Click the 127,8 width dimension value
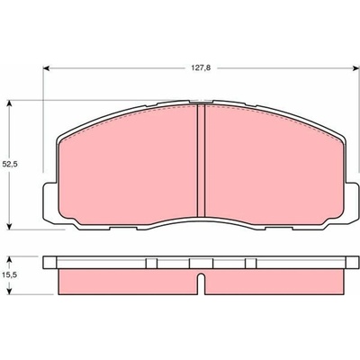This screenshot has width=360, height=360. [x=202, y=68]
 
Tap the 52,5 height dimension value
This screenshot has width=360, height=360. [x=10, y=165]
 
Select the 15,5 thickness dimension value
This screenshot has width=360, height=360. [x=10, y=274]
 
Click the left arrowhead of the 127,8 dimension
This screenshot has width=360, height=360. [x=46, y=68]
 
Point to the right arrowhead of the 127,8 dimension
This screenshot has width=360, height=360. [x=356, y=68]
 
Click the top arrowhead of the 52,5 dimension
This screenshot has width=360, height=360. [x=10, y=103]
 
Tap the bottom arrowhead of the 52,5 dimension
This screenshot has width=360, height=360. [x=10, y=227]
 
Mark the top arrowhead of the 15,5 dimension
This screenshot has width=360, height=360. [x=10, y=259]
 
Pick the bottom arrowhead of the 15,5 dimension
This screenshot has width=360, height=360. [x=10, y=291]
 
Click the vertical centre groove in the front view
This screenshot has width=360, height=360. [x=201, y=160]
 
